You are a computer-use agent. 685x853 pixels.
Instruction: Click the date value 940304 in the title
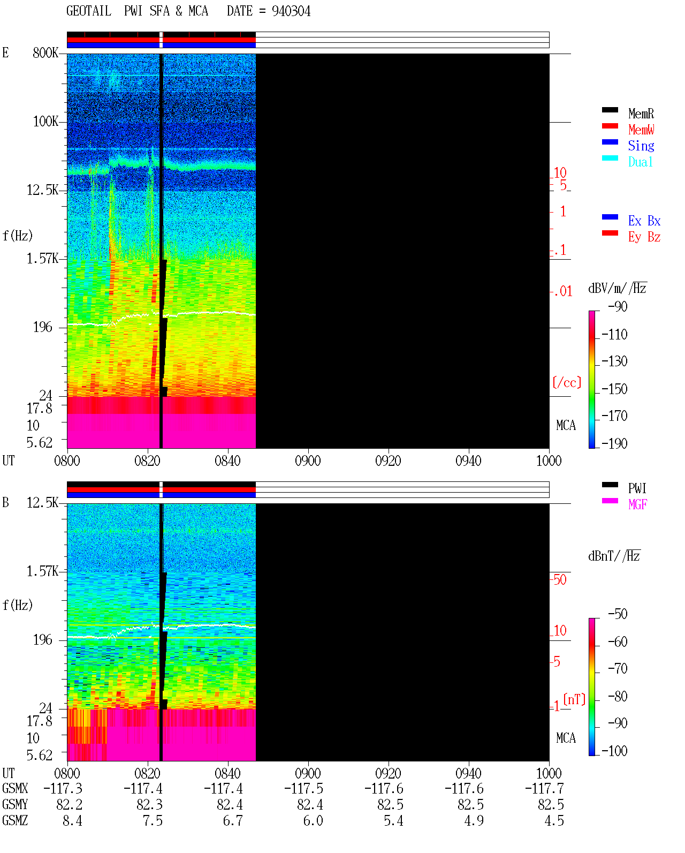[x=291, y=11]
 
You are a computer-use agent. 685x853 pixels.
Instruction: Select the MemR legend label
[x=641, y=114]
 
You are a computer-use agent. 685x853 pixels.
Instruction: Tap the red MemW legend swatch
[x=610, y=126]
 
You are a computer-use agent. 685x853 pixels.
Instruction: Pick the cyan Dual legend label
[x=640, y=162]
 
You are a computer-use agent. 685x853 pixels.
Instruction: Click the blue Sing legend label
[x=641, y=146]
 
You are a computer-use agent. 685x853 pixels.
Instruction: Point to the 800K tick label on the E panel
[x=45, y=52]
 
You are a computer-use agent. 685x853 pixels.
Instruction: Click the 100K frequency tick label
[x=45, y=122]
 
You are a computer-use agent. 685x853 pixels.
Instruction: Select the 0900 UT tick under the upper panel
[x=308, y=461]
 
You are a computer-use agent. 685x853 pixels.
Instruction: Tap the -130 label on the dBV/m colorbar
[x=614, y=361]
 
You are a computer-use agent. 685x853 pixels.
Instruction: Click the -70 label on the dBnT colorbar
[x=618, y=668]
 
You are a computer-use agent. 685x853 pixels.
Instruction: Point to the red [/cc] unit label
[x=567, y=382]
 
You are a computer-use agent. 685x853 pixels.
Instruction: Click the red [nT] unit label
[x=574, y=699]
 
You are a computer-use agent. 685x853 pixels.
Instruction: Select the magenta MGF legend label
[x=637, y=504]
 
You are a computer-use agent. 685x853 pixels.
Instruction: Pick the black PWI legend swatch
[x=610, y=485]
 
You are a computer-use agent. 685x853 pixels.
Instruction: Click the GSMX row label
[x=15, y=788]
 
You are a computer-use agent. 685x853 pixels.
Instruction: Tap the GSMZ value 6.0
[x=313, y=820]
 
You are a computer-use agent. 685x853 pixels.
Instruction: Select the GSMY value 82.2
[x=70, y=805]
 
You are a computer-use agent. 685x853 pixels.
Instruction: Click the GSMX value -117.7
[x=544, y=788]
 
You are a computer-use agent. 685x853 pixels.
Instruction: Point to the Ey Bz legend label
[x=644, y=237]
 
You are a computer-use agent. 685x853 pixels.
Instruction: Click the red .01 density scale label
[x=563, y=292]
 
